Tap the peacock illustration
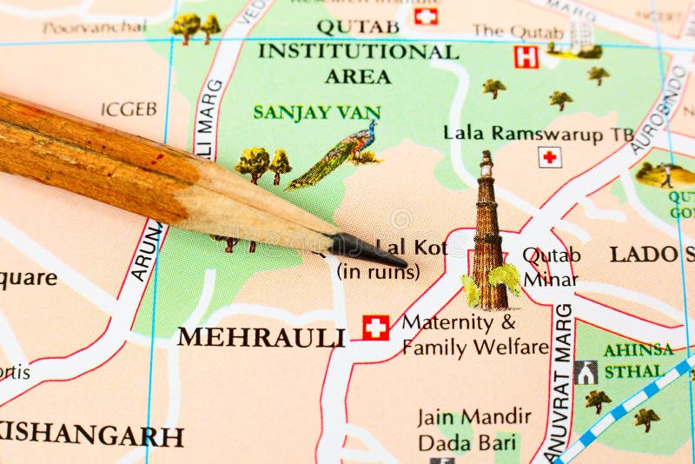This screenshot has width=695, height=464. pyautogui.click(x=339, y=156)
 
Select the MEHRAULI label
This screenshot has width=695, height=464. pyautogui.click(x=261, y=337)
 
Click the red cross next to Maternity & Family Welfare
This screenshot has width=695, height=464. pyautogui.click(x=375, y=327)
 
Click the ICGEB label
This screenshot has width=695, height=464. pyautogui.click(x=129, y=109)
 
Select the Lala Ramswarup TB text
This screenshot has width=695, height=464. pyautogui.click(x=539, y=133)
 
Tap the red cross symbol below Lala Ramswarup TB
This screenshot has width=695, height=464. pyautogui.click(x=549, y=157)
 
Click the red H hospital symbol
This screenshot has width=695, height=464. pyautogui.click(x=526, y=57)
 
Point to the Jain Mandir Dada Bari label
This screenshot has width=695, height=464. pyautogui.click(x=473, y=429)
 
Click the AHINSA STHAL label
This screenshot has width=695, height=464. pyautogui.click(x=639, y=361)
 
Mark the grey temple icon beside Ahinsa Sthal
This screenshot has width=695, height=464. pyautogui.click(x=586, y=372)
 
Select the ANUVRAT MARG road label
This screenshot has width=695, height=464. pyautogui.click(x=561, y=382)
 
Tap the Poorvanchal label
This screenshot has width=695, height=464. pyautogui.click(x=94, y=27)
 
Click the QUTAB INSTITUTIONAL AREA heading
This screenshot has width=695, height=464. pyautogui.click(x=358, y=51)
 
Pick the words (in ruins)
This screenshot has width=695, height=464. pyautogui.click(x=378, y=271)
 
